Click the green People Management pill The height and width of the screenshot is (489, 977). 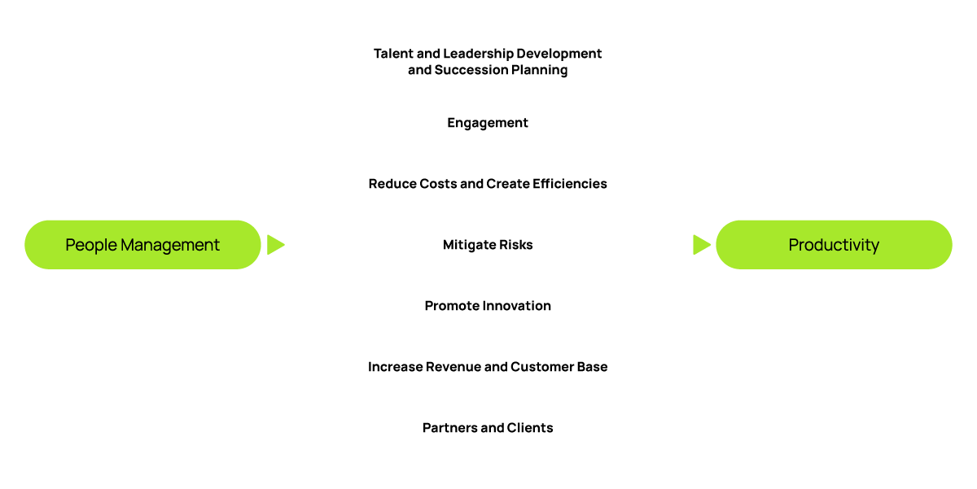[x=142, y=244]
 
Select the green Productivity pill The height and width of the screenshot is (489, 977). [x=834, y=244]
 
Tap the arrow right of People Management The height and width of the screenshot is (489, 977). [x=276, y=244]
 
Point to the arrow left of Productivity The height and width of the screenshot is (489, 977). [x=701, y=244]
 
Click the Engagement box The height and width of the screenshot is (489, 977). [x=488, y=123]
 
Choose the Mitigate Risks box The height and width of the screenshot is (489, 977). [x=488, y=244]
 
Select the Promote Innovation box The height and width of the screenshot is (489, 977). [x=488, y=306]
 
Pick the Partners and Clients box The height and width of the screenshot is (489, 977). [x=488, y=428]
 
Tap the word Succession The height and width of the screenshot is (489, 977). [x=469, y=70]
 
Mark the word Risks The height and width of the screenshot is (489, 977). [x=515, y=245]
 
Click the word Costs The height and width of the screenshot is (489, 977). [x=436, y=184]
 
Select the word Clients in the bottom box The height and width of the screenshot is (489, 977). [x=529, y=428]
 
